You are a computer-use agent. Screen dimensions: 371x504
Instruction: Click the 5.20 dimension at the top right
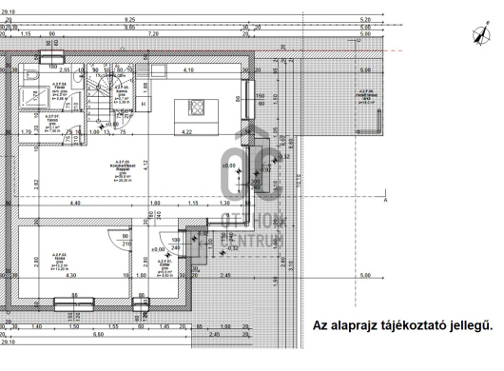pyautogui.click(x=365, y=19)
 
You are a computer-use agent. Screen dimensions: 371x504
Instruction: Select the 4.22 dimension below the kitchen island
pyautogui.click(x=186, y=132)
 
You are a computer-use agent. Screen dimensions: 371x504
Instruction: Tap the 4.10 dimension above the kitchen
pyautogui.click(x=188, y=70)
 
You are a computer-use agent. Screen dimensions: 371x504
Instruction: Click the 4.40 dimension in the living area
pyautogui.click(x=75, y=203)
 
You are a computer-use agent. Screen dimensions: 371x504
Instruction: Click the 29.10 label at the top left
pyautogui.click(x=8, y=10)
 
